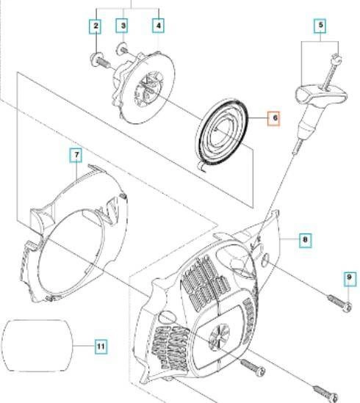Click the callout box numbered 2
tap(96, 26)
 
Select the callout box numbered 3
tap(123, 26)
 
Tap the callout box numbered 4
tap(159, 26)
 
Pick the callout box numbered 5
tap(320, 26)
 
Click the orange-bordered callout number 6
tap(275, 118)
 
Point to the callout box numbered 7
tap(76, 156)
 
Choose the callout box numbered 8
tap(305, 240)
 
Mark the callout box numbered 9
tap(349, 277)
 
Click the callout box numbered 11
tap(101, 346)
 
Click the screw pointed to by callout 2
tap(98, 61)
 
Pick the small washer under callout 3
tap(121, 49)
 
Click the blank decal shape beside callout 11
tap(37, 346)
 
